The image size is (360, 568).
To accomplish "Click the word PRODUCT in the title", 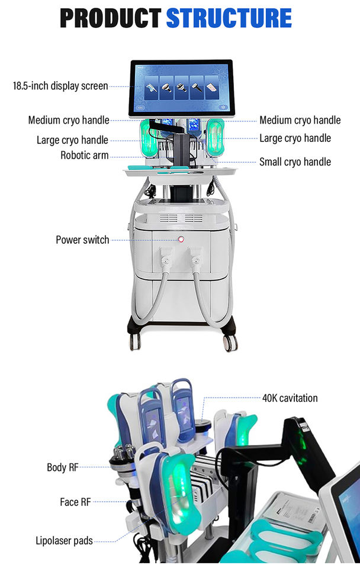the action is point(110,18).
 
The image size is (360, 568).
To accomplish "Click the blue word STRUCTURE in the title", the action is point(229,18).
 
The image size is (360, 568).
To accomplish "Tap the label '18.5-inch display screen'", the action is point(60,86).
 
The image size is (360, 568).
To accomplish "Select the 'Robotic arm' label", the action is point(84,156).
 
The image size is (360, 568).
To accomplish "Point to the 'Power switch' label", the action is point(82,240).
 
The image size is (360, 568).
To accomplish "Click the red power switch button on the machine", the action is point(181,240).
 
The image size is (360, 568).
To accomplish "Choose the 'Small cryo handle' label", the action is point(295,162).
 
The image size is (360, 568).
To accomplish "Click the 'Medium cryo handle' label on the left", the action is point(69,120).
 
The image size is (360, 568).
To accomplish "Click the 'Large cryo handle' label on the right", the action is point(295,138).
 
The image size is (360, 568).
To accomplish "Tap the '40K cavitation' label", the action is point(290,398).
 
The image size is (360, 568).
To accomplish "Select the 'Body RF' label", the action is point(62,467).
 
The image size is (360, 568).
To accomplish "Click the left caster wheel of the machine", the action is point(136,341).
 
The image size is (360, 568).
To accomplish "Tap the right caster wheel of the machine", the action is point(230,342).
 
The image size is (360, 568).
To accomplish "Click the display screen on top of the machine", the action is point(180,88).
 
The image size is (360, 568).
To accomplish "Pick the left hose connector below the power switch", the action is point(166,259).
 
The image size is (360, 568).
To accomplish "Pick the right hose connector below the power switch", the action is point(195,259).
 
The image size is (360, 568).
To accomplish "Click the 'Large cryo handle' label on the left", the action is point(72,140).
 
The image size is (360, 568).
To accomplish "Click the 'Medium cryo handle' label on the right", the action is point(300,120).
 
